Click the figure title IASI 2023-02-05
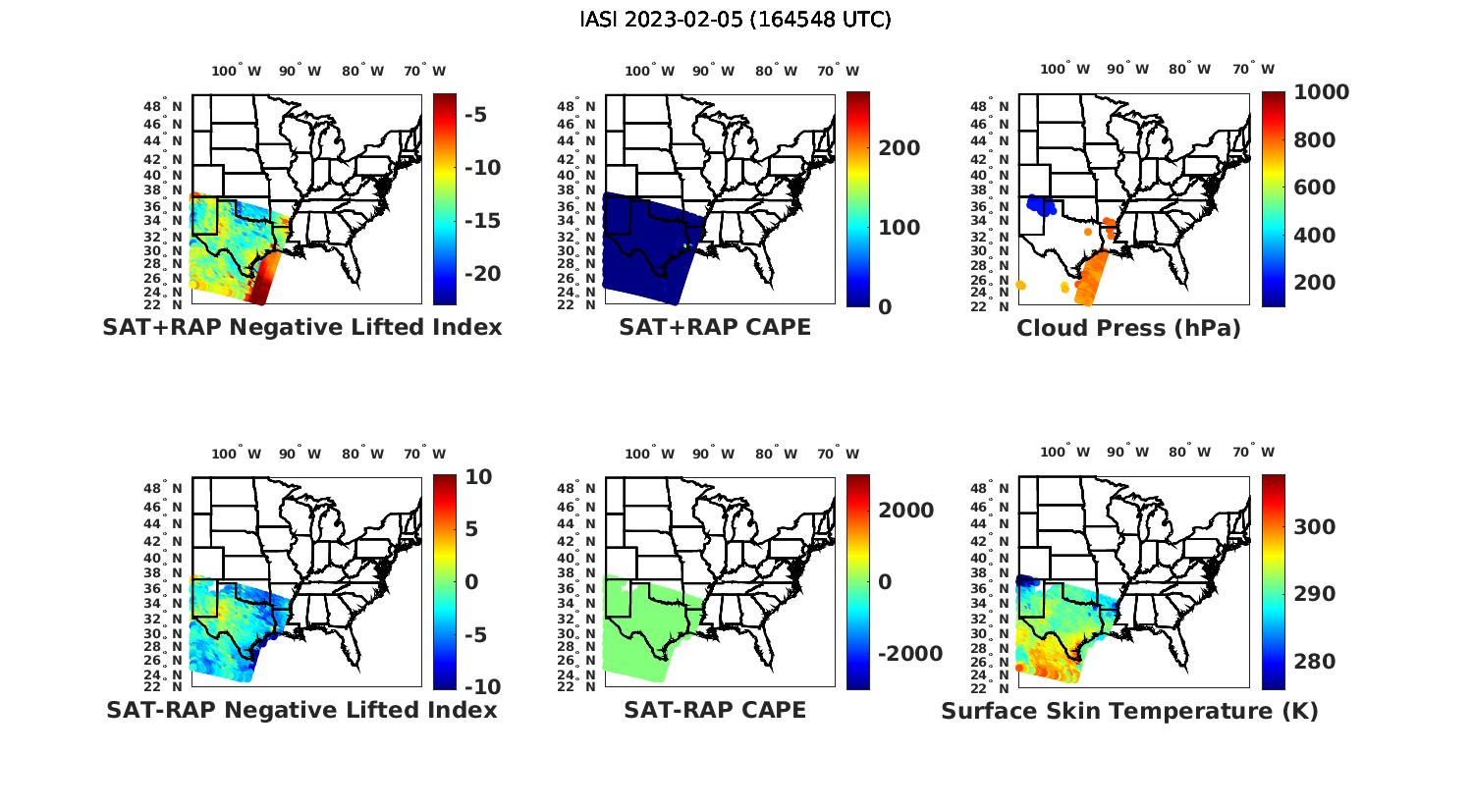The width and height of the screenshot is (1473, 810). click(x=736, y=20)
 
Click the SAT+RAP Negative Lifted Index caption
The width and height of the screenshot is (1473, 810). click(x=302, y=328)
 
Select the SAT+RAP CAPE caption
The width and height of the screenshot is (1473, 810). click(x=715, y=328)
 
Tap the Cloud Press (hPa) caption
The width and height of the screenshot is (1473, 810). click(x=1128, y=328)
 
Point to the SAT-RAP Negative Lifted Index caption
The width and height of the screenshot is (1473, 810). click(x=302, y=710)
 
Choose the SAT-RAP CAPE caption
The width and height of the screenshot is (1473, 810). click(x=715, y=710)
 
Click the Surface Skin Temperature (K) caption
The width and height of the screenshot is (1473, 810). click(x=1129, y=711)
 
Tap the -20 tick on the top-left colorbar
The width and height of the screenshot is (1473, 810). click(x=482, y=274)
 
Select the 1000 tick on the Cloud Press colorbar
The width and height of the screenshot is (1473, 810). click(x=1321, y=92)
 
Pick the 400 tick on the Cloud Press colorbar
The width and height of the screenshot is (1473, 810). click(x=1314, y=236)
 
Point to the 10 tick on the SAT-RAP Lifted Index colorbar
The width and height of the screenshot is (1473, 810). click(x=479, y=477)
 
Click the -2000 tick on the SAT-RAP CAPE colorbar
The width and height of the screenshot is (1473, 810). click(x=907, y=654)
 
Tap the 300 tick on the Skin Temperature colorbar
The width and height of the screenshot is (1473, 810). click(x=1314, y=527)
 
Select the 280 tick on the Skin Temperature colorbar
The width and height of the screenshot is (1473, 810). click(x=1314, y=662)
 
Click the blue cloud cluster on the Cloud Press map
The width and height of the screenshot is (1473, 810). click(x=1041, y=205)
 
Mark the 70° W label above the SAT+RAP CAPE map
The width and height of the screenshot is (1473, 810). click(x=838, y=71)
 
